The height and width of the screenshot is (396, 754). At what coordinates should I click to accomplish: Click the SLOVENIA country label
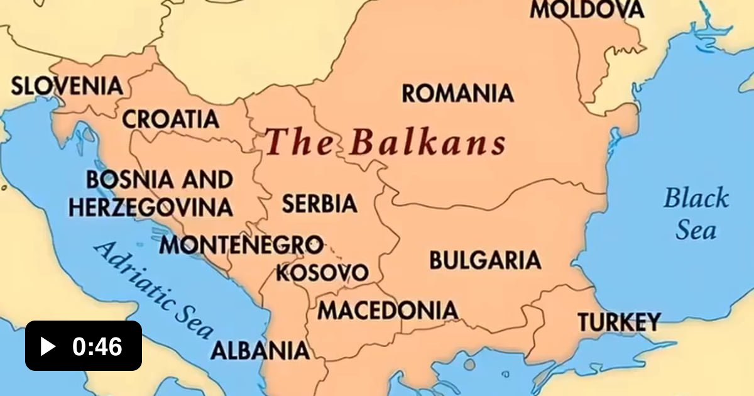pyautogui.click(x=67, y=85)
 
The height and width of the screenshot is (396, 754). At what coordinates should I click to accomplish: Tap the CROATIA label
pyautogui.click(x=170, y=118)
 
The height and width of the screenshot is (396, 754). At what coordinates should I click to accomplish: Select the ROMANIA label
pyautogui.click(x=457, y=94)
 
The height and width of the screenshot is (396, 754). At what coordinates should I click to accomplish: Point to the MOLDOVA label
pyautogui.click(x=587, y=9)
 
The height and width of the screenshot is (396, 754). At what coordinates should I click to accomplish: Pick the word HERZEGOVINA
pyautogui.click(x=151, y=207)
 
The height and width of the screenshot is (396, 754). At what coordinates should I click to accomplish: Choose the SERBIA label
pyautogui.click(x=319, y=204)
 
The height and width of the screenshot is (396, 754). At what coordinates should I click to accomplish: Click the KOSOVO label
pyautogui.click(x=322, y=273)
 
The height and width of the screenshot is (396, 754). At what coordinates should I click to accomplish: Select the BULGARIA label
pyautogui.click(x=484, y=260)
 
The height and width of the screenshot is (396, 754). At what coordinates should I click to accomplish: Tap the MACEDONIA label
pyautogui.click(x=387, y=310)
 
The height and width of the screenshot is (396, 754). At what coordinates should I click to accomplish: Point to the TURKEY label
pyautogui.click(x=619, y=322)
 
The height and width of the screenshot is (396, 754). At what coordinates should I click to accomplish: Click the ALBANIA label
pyautogui.click(x=260, y=350)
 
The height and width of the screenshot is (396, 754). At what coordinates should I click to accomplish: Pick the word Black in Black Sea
pyautogui.click(x=696, y=199)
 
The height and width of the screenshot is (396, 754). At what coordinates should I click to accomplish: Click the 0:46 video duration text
pyautogui.click(x=97, y=346)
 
